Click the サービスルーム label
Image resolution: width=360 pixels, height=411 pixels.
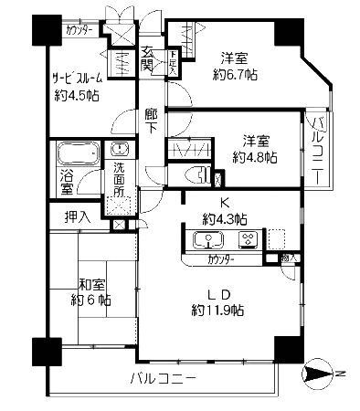78,78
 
